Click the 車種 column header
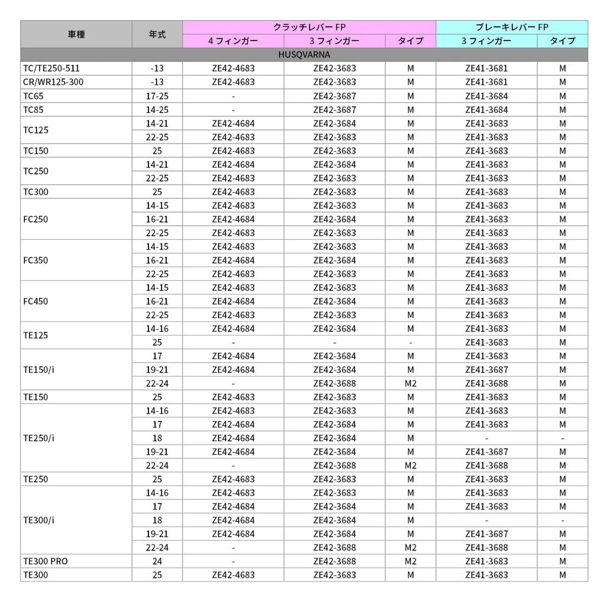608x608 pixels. pos(76,34)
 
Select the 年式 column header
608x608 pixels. pos(157,34)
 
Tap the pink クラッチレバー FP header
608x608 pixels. pos(309,27)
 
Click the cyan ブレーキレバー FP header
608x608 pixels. pos(511,27)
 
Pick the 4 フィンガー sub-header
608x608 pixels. pos(233,41)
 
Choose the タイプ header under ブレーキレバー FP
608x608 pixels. pos(562,41)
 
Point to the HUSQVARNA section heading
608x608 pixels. pos(304,55)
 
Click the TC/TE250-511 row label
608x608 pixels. pos(51,68)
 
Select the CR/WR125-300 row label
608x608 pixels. pos(53,82)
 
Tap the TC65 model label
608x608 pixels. pos(33,96)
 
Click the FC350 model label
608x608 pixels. pos(36,260)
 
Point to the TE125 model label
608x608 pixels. pos(36,335)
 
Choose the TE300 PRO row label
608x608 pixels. pos(45,561)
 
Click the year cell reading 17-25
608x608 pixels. pos(157,96)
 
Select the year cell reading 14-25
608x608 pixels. pos(157,109)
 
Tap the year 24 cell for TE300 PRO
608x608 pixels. pos(157,561)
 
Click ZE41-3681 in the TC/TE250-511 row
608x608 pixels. pos(486,68)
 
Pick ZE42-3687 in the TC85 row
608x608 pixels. pos(334,109)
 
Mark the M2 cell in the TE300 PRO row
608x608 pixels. pos(410,561)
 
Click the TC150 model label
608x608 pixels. pos(36,151)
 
